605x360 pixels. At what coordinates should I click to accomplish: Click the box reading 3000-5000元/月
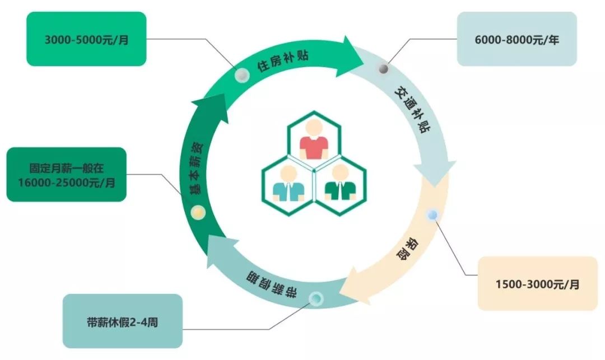86,39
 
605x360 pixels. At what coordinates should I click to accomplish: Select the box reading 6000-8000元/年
516,39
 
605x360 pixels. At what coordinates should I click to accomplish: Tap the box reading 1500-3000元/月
537,283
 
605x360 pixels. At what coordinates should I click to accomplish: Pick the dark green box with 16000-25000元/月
66,174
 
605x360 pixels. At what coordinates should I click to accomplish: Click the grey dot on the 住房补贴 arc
242,74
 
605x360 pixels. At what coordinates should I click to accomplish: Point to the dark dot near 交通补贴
384,68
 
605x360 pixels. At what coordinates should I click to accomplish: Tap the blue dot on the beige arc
432,214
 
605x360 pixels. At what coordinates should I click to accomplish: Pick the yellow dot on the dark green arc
198,212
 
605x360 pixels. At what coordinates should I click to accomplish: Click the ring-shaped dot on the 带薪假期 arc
315,298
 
